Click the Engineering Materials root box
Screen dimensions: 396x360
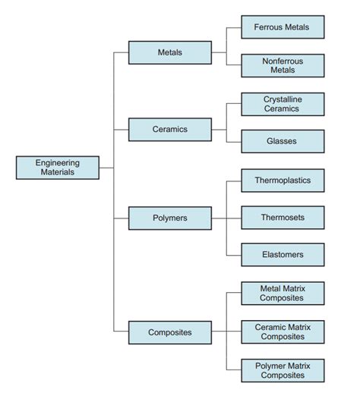(x=57, y=167)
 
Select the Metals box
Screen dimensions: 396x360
(x=170, y=52)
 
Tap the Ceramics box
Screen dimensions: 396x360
(x=170, y=129)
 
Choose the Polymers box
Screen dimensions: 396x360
(x=170, y=218)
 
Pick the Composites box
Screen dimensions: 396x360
(x=170, y=332)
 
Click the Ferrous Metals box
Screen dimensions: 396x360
(x=283, y=27)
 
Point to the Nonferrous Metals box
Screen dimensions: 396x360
(x=283, y=65)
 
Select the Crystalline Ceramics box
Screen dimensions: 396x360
(x=283, y=104)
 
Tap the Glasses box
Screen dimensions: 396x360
(x=283, y=141)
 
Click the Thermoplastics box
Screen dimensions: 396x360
(x=283, y=180)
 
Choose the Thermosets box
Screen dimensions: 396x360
(x=283, y=218)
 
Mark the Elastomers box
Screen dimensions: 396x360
(x=283, y=255)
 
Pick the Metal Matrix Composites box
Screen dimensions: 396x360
(x=283, y=294)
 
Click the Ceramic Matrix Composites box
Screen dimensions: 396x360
(x=283, y=332)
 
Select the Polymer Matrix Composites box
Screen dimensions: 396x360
(x=283, y=370)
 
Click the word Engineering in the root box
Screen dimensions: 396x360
(x=57, y=162)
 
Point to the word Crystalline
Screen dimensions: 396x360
(x=283, y=99)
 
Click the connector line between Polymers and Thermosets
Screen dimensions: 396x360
(x=226, y=218)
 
